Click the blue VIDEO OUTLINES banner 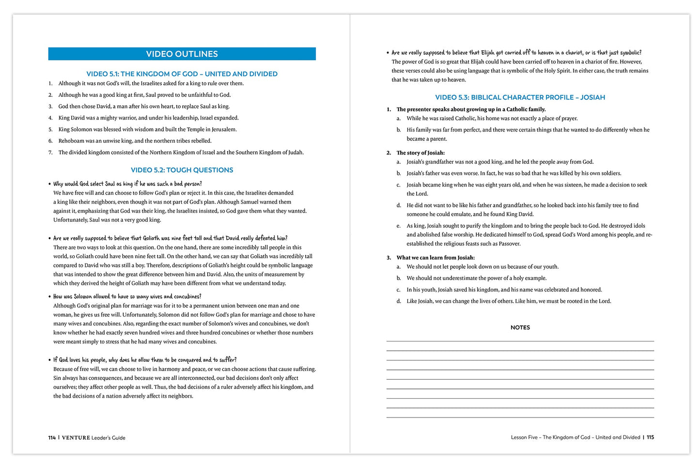(182, 54)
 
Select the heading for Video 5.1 (182, 74)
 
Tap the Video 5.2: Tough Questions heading (182, 170)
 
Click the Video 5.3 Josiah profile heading (520, 97)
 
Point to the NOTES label (520, 327)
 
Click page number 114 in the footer (52, 438)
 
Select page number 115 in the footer (650, 437)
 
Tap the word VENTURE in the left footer (76, 438)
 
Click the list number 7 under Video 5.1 (50, 153)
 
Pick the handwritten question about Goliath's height (170, 238)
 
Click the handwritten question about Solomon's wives (127, 296)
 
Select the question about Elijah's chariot (516, 53)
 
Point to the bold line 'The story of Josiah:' (420, 153)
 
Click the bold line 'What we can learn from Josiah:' (436, 258)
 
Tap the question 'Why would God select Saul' (127, 184)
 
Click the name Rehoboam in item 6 (71, 141)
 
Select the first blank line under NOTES (520, 341)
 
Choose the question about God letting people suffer (145, 360)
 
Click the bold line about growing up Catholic (471, 109)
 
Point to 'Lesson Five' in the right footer (524, 437)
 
